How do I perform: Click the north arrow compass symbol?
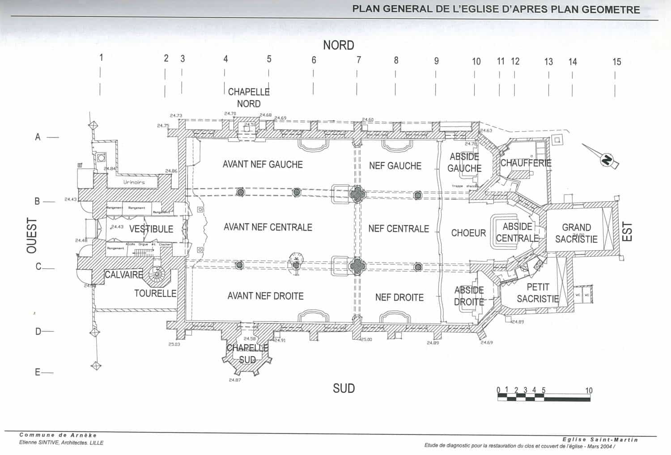point(607,160)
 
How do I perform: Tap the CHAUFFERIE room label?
point(526,163)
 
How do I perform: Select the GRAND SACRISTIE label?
point(576,233)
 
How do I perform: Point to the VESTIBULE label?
point(151,229)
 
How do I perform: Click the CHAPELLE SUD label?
point(247,354)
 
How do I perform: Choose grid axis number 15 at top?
point(616,62)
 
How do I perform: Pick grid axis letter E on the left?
point(38,372)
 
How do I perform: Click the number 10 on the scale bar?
point(589,390)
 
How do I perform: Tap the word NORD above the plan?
point(339,45)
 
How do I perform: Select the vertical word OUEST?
point(32,236)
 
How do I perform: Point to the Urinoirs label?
point(134,182)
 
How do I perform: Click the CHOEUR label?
point(468,233)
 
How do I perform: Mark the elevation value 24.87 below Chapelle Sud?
point(235,380)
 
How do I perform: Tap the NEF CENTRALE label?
point(399,229)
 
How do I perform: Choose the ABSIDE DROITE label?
point(469,296)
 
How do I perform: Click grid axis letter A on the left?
point(38,137)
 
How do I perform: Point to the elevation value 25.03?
point(174,344)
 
